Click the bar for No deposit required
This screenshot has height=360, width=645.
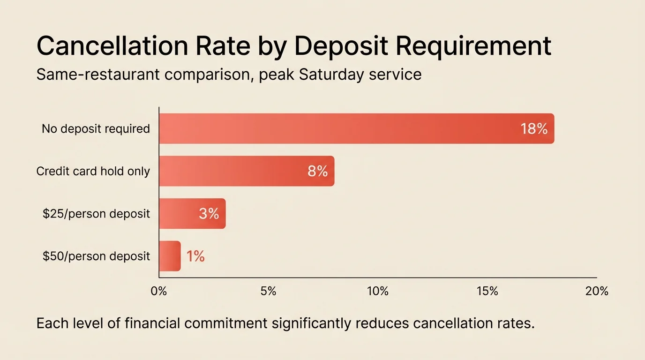(x=356, y=128)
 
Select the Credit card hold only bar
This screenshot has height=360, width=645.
(x=247, y=171)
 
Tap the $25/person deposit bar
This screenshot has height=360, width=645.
(x=192, y=214)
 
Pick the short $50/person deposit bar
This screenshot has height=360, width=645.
(x=170, y=256)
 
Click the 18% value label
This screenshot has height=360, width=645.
(x=534, y=129)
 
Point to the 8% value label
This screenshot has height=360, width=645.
(x=317, y=172)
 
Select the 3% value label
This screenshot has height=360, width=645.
(x=209, y=214)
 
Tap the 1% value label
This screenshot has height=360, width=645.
(x=195, y=256)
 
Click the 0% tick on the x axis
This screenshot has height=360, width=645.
(x=159, y=291)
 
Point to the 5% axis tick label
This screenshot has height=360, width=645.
(x=268, y=291)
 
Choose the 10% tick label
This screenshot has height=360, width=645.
(x=378, y=291)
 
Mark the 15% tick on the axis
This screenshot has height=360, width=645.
(x=487, y=291)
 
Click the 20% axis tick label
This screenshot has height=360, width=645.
(x=597, y=291)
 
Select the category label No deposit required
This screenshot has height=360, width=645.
(x=96, y=129)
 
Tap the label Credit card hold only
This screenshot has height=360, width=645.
(x=93, y=172)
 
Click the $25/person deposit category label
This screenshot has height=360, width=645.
(x=96, y=214)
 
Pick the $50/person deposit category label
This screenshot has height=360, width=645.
(x=96, y=256)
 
